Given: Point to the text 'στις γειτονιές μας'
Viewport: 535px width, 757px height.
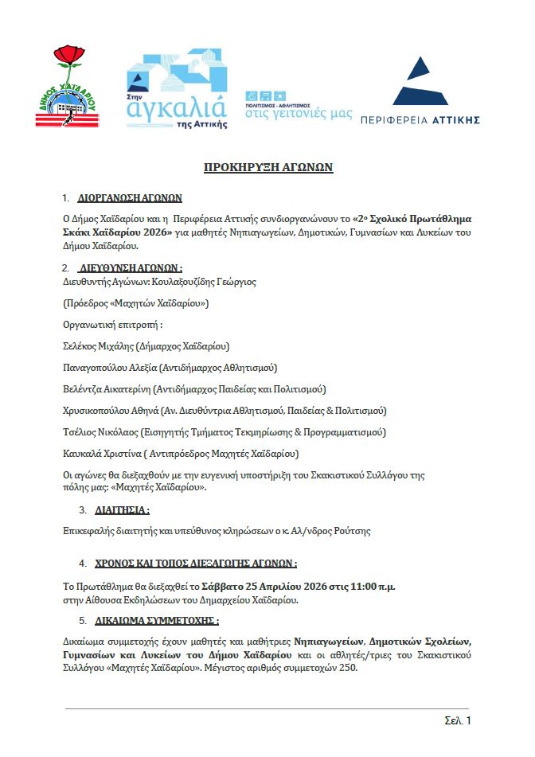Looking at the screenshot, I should (x=298, y=114).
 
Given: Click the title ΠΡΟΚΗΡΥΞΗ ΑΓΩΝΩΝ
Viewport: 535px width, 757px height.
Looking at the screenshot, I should (x=267, y=167).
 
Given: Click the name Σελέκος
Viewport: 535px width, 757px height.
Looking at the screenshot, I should (x=80, y=346).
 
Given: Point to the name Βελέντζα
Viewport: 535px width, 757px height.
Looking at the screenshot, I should (x=83, y=389).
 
